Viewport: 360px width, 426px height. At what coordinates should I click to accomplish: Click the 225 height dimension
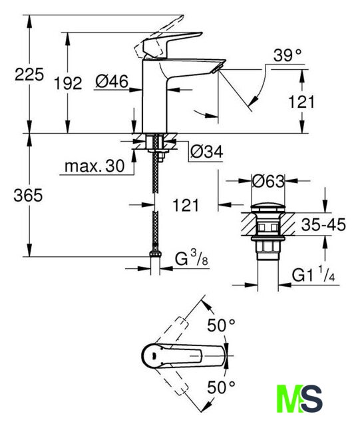29,74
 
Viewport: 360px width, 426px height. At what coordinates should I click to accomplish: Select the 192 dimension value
68,83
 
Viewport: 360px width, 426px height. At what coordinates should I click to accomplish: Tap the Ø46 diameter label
112,81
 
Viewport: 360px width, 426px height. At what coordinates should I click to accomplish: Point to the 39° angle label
287,55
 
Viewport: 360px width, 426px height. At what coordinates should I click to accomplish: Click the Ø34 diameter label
206,152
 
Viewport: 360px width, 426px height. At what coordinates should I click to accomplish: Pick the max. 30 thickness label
94,166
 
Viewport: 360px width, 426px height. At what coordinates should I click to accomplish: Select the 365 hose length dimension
28,195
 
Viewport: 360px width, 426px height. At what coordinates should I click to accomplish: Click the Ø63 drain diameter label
268,181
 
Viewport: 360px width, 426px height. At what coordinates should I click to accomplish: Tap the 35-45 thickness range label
323,224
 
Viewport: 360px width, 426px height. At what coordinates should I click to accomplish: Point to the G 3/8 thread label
192,258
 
